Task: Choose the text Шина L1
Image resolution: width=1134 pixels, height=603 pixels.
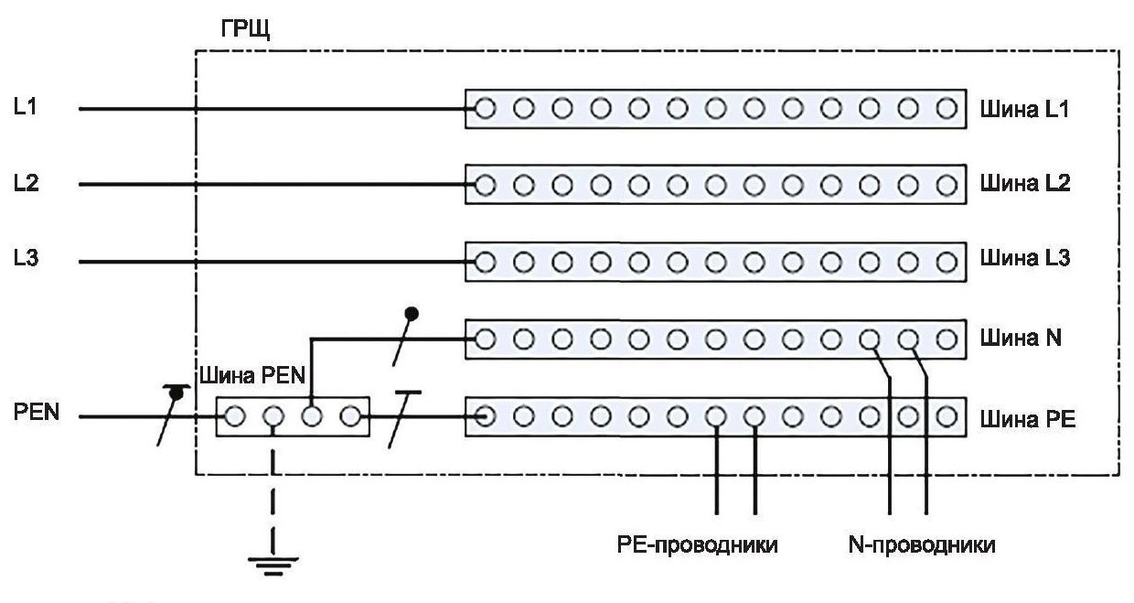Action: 1024,110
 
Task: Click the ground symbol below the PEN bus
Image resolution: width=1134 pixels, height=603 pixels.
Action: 272,561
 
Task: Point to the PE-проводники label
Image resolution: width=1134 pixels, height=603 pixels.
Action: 698,546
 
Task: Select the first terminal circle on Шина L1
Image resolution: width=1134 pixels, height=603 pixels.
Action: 486,110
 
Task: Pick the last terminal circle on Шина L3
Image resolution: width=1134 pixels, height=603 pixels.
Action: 947,262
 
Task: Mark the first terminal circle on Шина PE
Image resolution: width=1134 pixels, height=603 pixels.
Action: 486,418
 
